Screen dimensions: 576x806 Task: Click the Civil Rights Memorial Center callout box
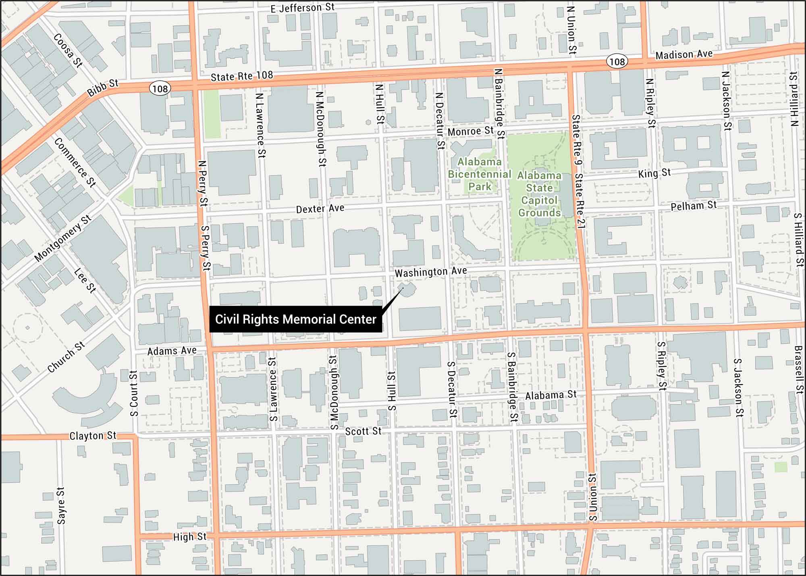point(295,319)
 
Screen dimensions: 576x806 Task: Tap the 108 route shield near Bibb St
point(160,89)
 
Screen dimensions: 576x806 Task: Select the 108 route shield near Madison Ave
point(617,62)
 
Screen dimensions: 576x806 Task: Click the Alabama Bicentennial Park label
point(479,174)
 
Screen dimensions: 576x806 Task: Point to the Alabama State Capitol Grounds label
point(539,194)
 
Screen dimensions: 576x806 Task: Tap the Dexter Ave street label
point(320,208)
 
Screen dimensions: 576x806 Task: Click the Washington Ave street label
point(430,272)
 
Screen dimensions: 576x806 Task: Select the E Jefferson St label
point(302,8)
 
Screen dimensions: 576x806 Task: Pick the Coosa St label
point(68,50)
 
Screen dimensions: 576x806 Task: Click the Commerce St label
point(75,162)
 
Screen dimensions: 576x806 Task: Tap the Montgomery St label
point(63,238)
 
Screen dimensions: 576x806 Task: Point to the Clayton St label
point(93,436)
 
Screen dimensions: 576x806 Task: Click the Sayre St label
point(61,506)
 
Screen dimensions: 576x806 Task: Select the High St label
point(189,536)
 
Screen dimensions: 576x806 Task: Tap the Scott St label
point(363,431)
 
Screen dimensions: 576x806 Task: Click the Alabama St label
point(550,395)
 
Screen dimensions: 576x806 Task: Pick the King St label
point(654,173)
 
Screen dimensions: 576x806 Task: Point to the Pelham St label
point(693,206)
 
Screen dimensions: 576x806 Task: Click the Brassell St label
point(799,370)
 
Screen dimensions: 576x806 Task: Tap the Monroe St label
point(470,131)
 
